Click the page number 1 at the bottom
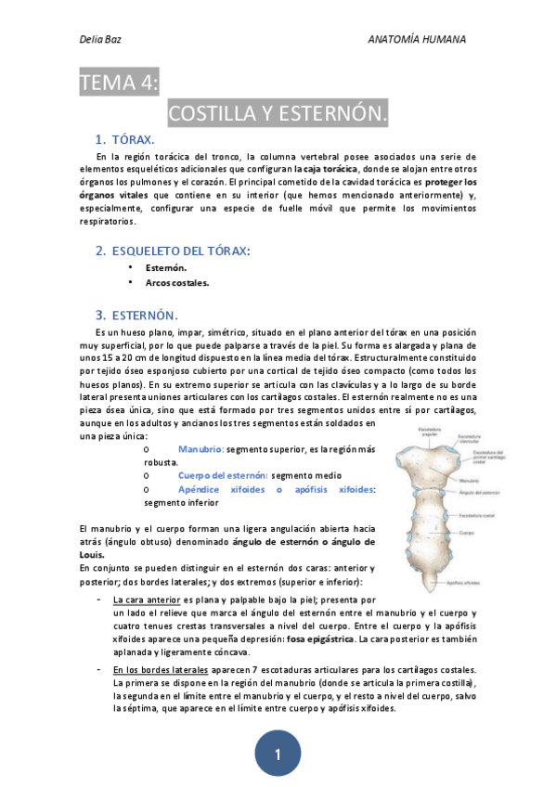(x=278, y=755)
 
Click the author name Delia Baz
(x=99, y=40)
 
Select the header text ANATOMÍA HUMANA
(x=417, y=40)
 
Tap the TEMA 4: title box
(x=120, y=83)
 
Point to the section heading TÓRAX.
(x=133, y=139)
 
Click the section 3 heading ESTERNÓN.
(x=144, y=315)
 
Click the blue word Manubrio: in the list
(x=200, y=448)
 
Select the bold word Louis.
(x=93, y=555)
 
